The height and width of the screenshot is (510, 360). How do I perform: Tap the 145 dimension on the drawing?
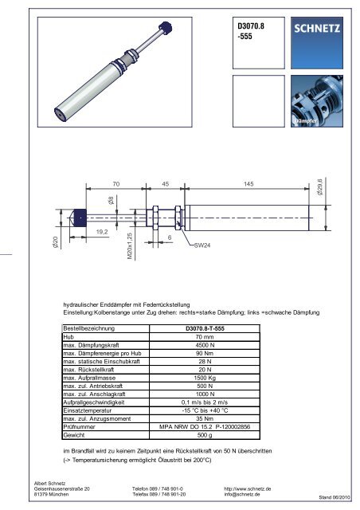pyautogui.click(x=248, y=184)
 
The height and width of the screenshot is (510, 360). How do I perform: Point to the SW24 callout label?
pyautogui.click(x=202, y=246)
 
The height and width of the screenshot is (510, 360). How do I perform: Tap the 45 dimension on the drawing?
pyautogui.click(x=166, y=184)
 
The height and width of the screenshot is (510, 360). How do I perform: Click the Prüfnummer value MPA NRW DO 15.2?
pyautogui.click(x=209, y=427)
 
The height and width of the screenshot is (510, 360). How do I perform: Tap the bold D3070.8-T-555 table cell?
pyautogui.click(x=209, y=328)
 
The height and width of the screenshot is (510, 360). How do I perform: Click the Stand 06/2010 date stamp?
pyautogui.click(x=334, y=497)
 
